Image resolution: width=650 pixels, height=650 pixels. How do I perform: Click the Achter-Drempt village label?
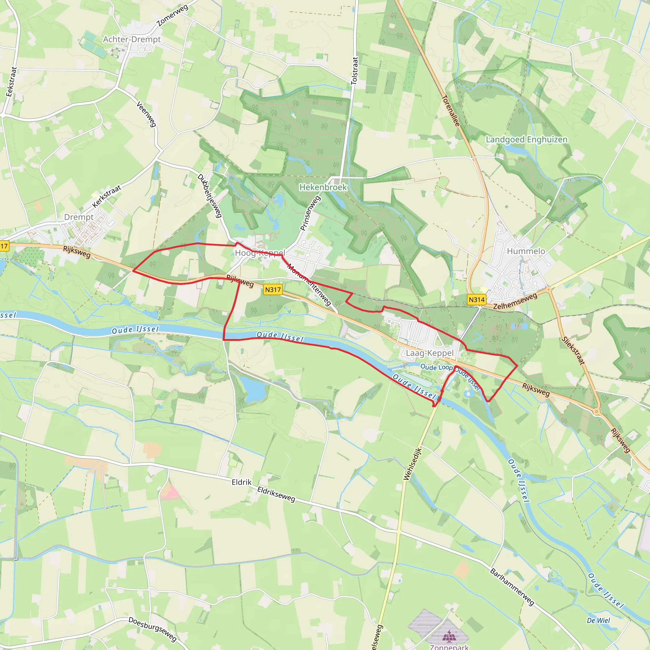tap(132, 39)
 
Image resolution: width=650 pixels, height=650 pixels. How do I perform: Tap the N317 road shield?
tap(273, 289)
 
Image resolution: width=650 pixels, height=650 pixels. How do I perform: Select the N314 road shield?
tap(476, 299)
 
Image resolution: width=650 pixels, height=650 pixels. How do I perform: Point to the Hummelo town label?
tap(526, 251)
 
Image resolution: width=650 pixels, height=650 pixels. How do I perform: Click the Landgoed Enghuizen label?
tap(527, 139)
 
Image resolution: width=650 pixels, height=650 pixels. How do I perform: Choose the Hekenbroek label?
tap(323, 187)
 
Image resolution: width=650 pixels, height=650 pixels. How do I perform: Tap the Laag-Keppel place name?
tap(430, 353)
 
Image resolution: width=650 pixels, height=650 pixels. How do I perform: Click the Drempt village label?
tap(79, 217)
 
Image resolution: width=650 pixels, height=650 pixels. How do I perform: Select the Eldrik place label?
tap(242, 482)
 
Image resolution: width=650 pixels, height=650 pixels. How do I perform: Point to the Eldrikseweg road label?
tap(276, 494)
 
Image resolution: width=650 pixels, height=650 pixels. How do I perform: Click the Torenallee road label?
tap(450, 111)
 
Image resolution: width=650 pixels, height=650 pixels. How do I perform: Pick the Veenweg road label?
tap(146, 114)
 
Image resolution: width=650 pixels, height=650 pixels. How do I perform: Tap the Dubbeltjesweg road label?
tap(209, 196)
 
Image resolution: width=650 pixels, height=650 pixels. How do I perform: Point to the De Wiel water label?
tap(598, 620)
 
